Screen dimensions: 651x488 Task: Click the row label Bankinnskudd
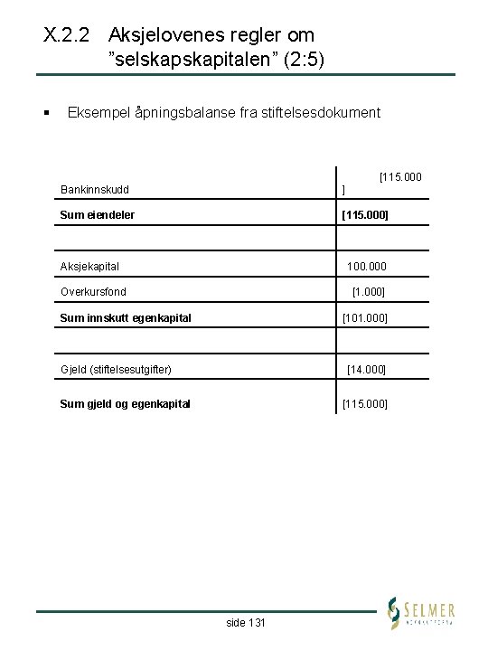click(x=94, y=190)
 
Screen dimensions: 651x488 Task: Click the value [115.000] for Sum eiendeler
click(x=364, y=215)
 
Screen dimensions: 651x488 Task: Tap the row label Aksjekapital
click(x=89, y=267)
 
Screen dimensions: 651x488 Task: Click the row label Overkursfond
click(x=93, y=292)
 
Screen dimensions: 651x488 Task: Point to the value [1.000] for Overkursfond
click(x=369, y=292)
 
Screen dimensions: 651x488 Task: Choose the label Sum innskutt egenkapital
click(x=125, y=317)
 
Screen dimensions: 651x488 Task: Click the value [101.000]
click(x=364, y=317)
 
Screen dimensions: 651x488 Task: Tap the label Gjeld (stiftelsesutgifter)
click(x=116, y=369)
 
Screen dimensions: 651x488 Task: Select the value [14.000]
click(x=368, y=369)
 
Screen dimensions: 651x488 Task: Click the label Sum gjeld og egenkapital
click(x=125, y=403)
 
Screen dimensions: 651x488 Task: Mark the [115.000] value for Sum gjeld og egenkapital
click(x=364, y=403)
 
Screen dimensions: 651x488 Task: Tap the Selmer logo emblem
click(x=393, y=612)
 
